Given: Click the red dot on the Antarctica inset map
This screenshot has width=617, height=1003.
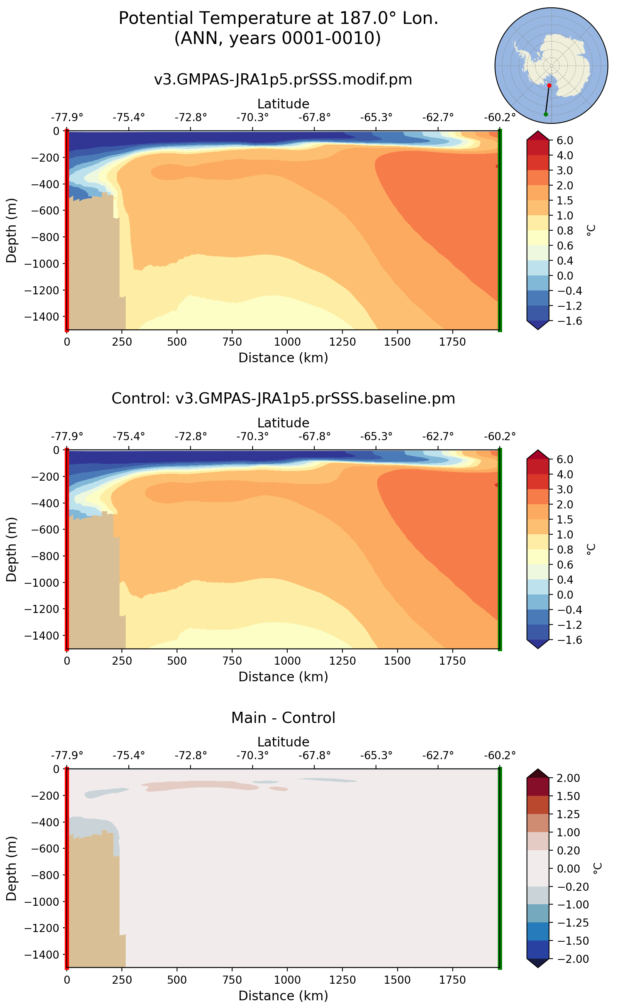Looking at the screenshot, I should (x=549, y=85).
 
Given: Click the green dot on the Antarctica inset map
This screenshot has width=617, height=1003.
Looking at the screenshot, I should (x=546, y=114).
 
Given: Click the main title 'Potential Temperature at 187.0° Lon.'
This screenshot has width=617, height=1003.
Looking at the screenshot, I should (x=278, y=19).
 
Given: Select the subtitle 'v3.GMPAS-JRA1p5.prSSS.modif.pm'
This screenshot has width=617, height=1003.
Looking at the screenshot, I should (x=283, y=79).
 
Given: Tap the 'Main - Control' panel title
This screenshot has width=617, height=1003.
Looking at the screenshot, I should (x=283, y=718).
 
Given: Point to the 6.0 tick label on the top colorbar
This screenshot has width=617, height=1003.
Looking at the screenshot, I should (x=565, y=140).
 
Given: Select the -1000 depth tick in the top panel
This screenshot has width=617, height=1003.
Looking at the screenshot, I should (x=42, y=264).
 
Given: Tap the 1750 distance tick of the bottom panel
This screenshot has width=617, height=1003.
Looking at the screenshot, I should (x=452, y=980).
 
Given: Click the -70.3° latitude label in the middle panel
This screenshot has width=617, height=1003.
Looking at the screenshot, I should (x=252, y=436).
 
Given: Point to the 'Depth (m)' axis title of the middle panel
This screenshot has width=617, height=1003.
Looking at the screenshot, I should (x=12, y=549).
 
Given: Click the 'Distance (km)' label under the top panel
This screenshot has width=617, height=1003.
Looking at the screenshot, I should (x=283, y=358).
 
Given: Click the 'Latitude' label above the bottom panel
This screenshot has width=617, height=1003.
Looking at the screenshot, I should (x=283, y=742).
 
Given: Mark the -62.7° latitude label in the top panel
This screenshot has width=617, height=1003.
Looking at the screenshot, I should (x=438, y=118).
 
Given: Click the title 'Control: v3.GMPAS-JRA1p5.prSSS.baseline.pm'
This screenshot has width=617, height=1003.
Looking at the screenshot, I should (x=283, y=398).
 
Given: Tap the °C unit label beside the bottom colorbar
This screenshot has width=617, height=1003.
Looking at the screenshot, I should (x=597, y=868).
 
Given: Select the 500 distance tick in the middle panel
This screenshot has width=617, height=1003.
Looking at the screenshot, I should (x=177, y=661).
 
